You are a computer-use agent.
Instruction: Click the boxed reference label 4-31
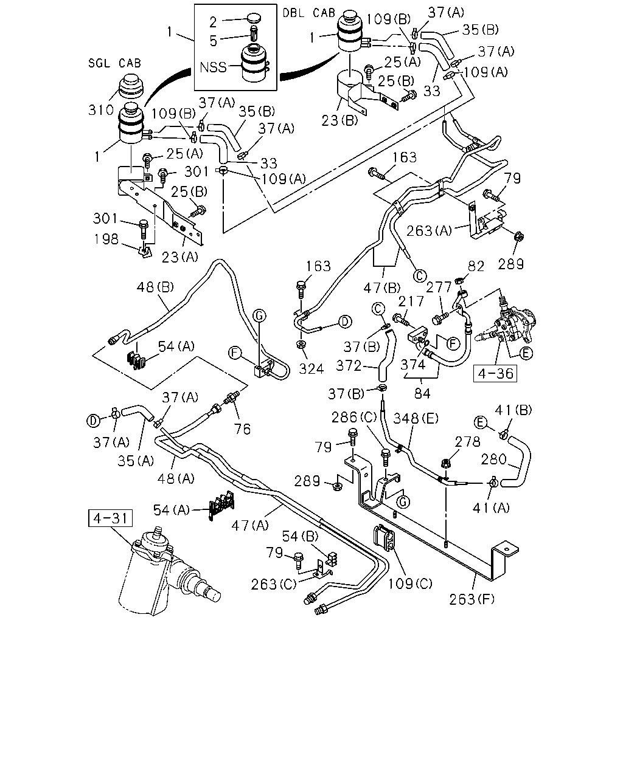110,518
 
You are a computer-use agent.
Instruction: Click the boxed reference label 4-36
495,373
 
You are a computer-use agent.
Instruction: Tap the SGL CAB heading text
114,63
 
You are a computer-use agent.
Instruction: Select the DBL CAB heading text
309,13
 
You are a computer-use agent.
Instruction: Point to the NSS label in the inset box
213,67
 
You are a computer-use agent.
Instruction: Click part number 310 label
101,110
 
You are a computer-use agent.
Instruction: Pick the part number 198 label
106,239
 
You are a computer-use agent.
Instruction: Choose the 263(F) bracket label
472,600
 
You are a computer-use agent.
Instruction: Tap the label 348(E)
416,419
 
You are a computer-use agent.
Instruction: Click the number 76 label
242,429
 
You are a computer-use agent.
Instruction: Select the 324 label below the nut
311,369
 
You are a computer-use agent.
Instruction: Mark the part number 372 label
349,366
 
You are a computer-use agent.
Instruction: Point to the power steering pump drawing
509,323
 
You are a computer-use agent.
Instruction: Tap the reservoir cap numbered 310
131,87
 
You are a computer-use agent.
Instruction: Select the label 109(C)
410,583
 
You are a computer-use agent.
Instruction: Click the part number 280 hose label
493,460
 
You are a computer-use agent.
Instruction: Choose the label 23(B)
339,120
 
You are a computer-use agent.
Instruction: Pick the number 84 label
422,393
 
